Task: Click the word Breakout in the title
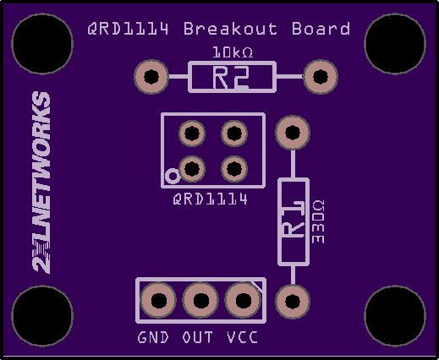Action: click(230, 29)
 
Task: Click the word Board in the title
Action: click(321, 29)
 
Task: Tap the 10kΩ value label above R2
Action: click(233, 52)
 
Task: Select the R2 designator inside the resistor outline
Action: click(231, 77)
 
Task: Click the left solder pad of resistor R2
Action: click(151, 77)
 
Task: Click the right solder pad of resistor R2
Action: click(321, 77)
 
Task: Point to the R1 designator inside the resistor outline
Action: click(294, 219)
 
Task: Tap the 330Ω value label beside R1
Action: click(318, 222)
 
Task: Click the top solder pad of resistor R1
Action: click(293, 133)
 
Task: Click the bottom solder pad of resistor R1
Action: click(293, 302)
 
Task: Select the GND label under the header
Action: click(153, 337)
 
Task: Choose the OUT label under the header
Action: click(197, 337)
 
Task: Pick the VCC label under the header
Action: click(242, 337)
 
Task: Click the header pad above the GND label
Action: click(158, 300)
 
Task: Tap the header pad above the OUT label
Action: click(200, 300)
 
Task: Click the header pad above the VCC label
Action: click(243, 300)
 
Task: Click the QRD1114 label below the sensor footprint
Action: click(211, 199)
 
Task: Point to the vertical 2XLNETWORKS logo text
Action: click(41, 183)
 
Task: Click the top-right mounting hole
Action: click(395, 44)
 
